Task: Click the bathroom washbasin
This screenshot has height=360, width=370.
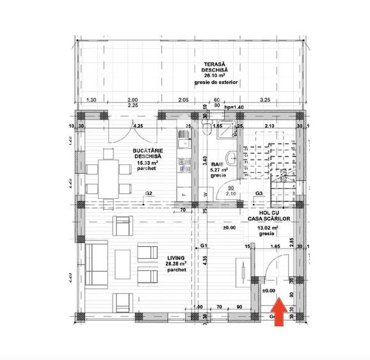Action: tap(234, 159)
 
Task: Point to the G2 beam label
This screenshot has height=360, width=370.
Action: tap(148, 193)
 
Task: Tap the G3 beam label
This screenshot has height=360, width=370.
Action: tap(259, 193)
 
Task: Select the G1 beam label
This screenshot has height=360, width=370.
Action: tap(203, 246)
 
